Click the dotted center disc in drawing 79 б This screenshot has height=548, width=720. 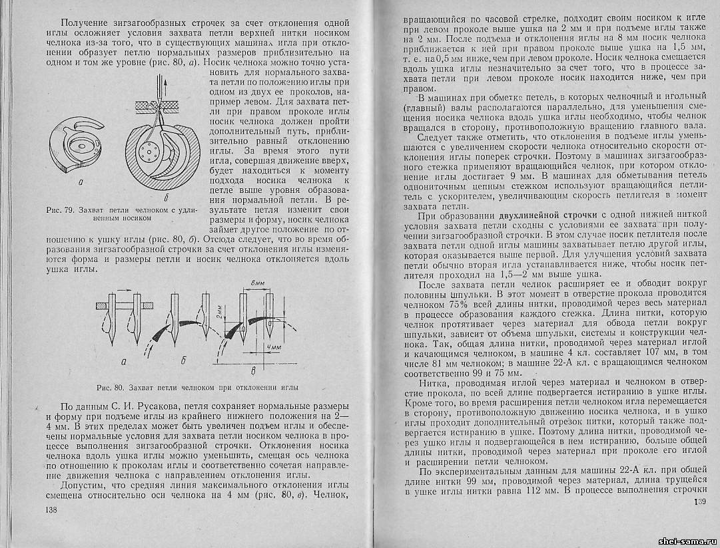pos(147,150)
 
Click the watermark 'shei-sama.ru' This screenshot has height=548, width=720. pos(687,539)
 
